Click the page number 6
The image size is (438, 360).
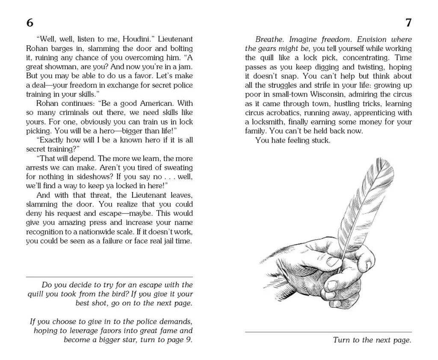point(30,23)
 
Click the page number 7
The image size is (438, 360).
point(408,23)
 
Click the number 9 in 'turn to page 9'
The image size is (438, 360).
point(190,340)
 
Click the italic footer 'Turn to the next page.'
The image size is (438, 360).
point(372,341)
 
